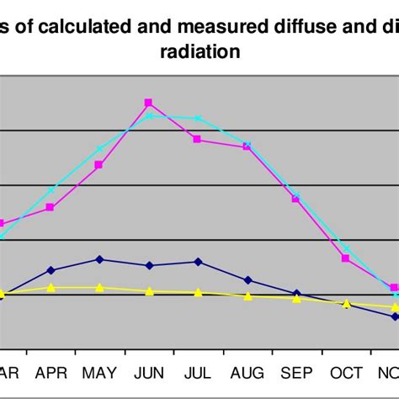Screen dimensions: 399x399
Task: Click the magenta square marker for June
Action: click(x=149, y=103)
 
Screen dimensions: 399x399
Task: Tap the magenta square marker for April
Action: click(x=51, y=207)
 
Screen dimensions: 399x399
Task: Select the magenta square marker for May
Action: click(x=99, y=165)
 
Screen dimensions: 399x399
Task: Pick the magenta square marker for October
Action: click(x=346, y=258)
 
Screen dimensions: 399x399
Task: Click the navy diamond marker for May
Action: click(x=99, y=259)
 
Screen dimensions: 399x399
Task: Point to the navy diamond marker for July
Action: click(x=198, y=262)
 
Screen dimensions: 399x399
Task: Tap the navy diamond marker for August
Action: click(x=247, y=280)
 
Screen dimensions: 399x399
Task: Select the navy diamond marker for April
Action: click(x=51, y=270)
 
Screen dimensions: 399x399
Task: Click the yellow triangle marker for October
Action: click(x=346, y=303)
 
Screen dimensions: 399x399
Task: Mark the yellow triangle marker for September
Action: click(x=296, y=298)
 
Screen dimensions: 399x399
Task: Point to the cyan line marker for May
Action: click(x=99, y=149)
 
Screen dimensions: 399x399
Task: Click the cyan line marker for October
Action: click(x=346, y=249)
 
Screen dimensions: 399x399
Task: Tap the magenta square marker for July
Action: click(x=198, y=139)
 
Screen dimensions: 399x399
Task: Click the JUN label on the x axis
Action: click(x=149, y=373)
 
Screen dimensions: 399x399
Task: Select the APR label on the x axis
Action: click(x=51, y=373)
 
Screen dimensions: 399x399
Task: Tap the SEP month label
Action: click(x=296, y=373)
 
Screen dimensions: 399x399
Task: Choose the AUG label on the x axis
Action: click(x=247, y=373)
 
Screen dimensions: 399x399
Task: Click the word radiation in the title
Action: click(x=200, y=51)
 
